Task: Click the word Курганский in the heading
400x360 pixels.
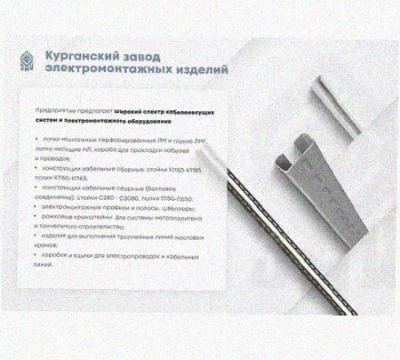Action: coord(86,54)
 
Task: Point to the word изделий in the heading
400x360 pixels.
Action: coord(201,68)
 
